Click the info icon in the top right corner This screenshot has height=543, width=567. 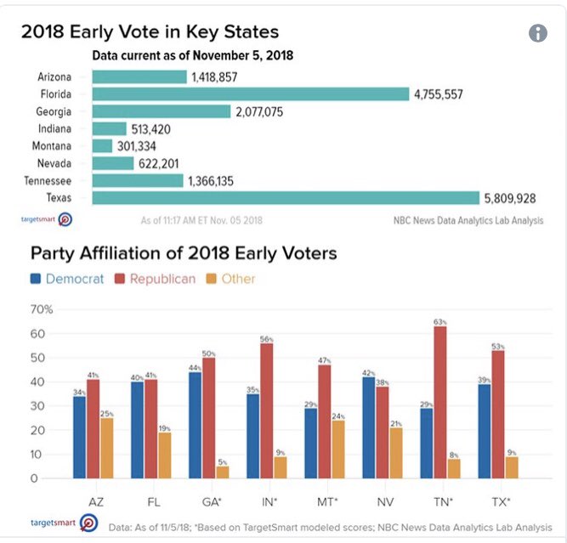[x=537, y=32]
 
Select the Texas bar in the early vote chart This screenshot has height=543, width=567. [x=286, y=198]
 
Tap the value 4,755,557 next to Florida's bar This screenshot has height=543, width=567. [x=438, y=94]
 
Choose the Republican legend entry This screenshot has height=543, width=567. [x=156, y=279]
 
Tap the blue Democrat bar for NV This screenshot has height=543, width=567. [x=368, y=427]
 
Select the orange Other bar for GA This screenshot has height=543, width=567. [x=222, y=472]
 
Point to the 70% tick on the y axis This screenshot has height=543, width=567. [x=41, y=308]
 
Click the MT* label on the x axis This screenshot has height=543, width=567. [x=319, y=501]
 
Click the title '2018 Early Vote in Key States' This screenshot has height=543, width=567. [x=150, y=33]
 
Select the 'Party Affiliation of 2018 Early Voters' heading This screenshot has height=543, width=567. [x=184, y=253]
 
